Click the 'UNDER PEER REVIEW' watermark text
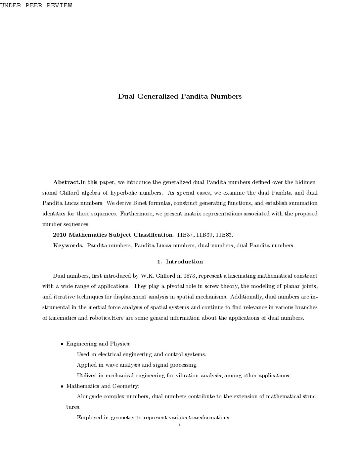[36, 6]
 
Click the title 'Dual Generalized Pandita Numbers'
[180, 96]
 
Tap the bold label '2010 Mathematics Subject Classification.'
[113, 235]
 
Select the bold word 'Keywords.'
[68, 245]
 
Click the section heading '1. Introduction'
[180, 261]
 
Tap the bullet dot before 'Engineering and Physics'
[62, 344]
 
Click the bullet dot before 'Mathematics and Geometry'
[62, 386]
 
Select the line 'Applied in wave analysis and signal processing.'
[137, 365]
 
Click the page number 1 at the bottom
[179, 425]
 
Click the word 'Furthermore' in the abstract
[136, 213]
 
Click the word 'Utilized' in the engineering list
[87, 375]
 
